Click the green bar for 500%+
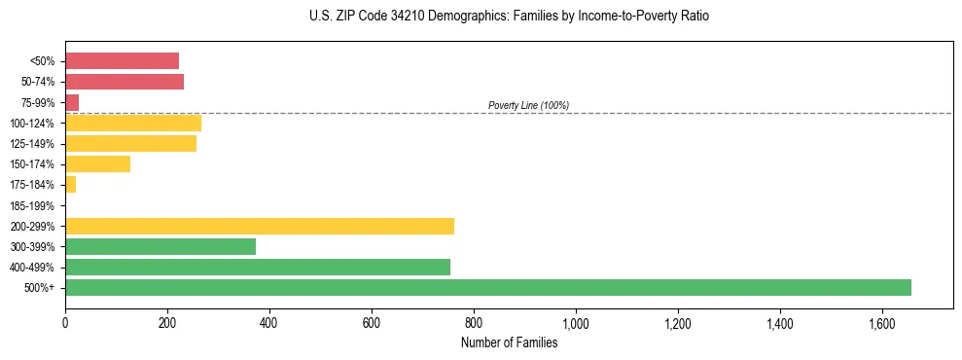pos(487,287)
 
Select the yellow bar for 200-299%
pos(259,226)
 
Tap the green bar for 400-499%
pos(257,267)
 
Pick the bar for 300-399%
pos(160,246)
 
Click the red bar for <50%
pos(122,60)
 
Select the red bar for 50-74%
pos(125,82)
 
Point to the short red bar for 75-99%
pos(72,102)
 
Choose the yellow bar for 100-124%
pos(133,123)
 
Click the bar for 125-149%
pos(130,143)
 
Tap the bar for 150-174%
pos(97,163)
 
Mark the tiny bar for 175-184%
pos(70,184)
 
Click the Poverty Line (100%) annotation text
pos(528,105)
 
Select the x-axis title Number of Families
pos(509,342)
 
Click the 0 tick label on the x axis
pos(65,322)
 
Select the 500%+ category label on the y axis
pos(39,288)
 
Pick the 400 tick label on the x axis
pos(269,322)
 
